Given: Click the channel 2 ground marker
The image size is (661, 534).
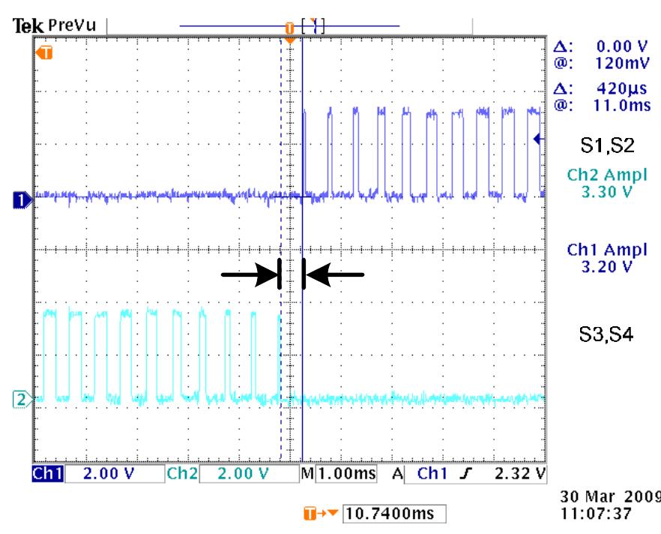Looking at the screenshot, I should pyautogui.click(x=21, y=397).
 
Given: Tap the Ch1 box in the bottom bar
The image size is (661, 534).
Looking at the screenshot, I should pyautogui.click(x=49, y=474).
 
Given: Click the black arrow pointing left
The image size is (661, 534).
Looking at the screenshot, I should pyautogui.click(x=334, y=275).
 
